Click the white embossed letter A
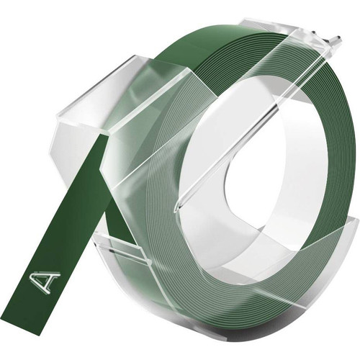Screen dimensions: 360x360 [45, 283]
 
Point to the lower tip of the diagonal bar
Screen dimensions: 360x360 [177, 210]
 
